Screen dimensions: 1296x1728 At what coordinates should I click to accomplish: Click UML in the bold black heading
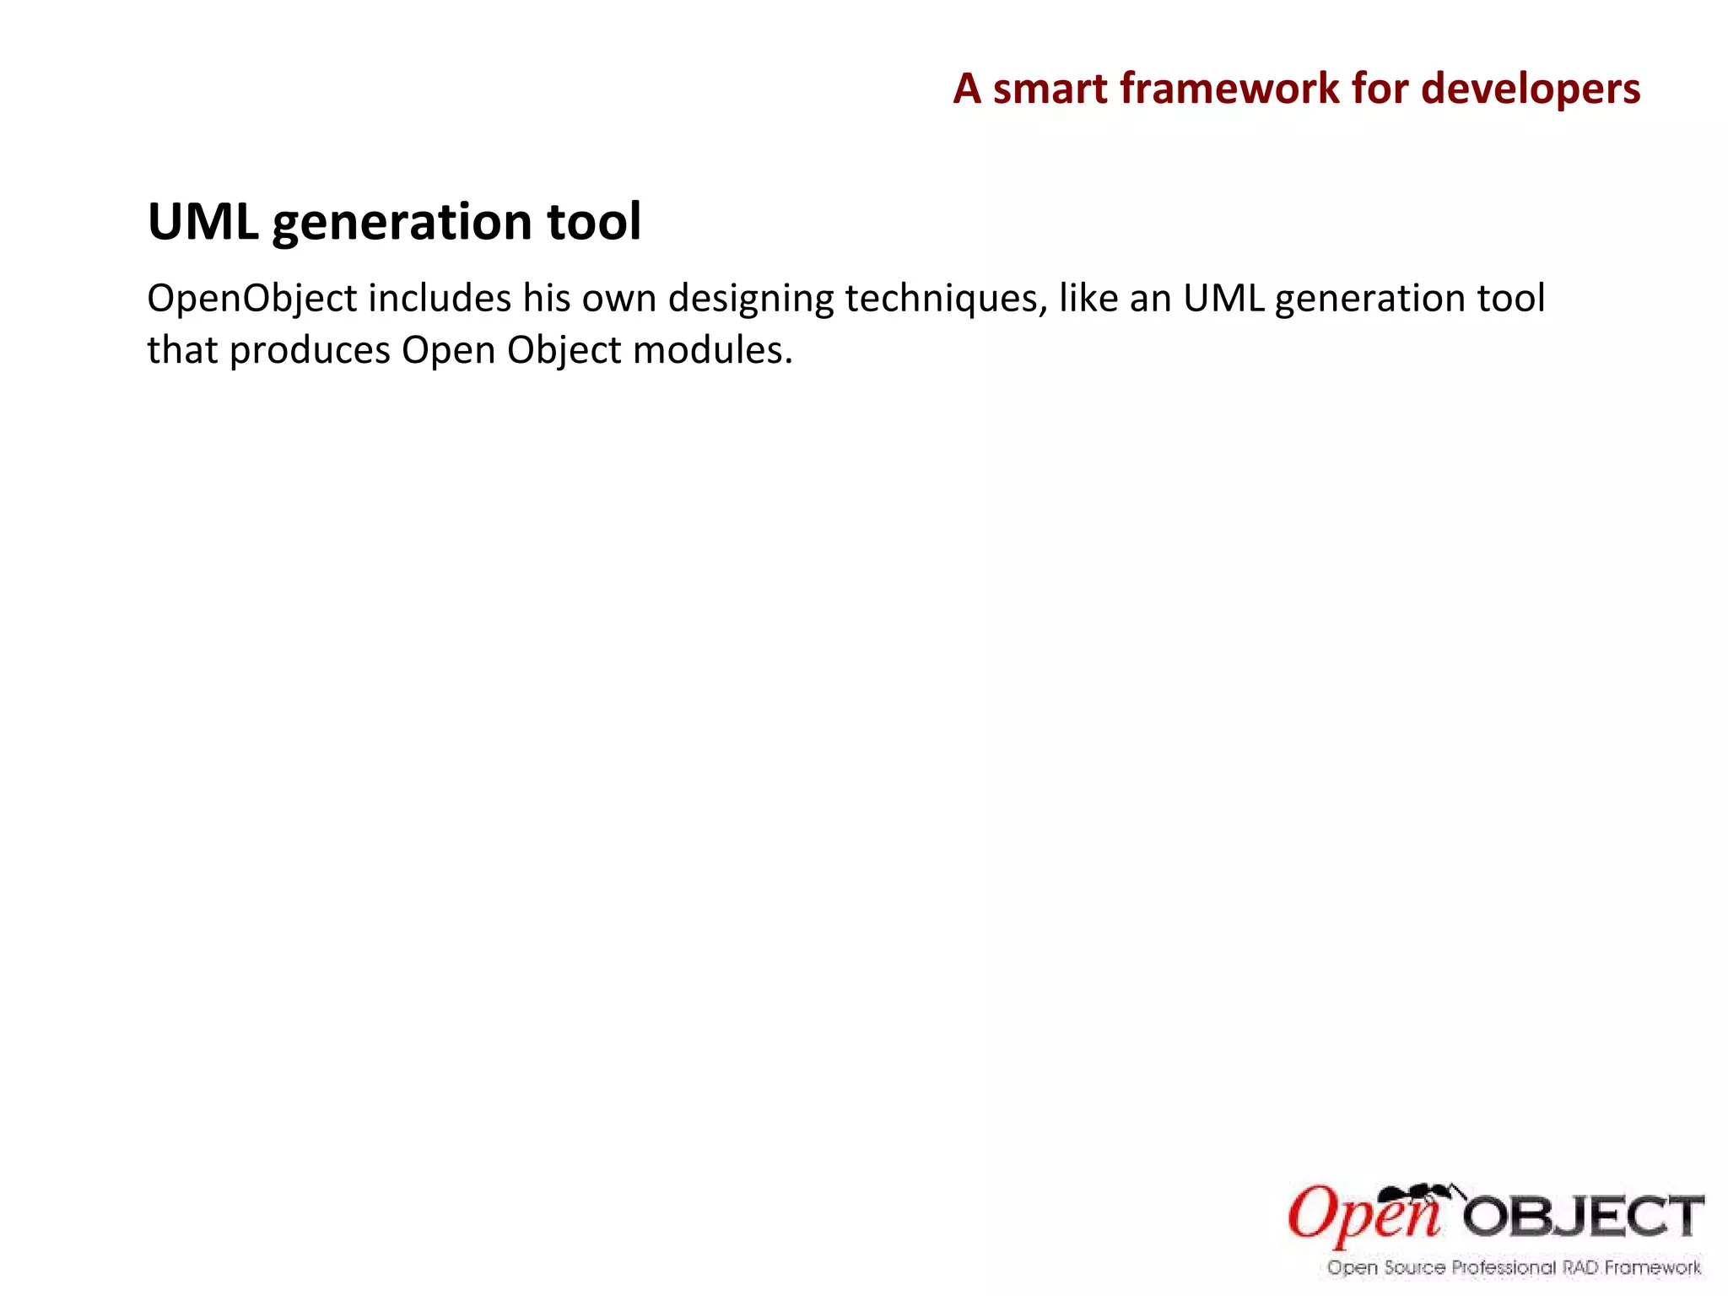[202, 222]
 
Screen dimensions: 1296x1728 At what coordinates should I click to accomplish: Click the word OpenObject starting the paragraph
[252, 300]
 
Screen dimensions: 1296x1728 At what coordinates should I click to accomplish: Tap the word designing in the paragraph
[751, 300]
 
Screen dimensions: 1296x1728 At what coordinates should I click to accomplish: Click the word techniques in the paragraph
[946, 300]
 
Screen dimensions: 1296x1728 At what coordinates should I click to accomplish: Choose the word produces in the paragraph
[310, 351]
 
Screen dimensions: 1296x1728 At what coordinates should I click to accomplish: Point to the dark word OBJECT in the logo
[1584, 1218]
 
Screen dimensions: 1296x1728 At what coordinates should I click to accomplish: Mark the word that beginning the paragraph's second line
[182, 349]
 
